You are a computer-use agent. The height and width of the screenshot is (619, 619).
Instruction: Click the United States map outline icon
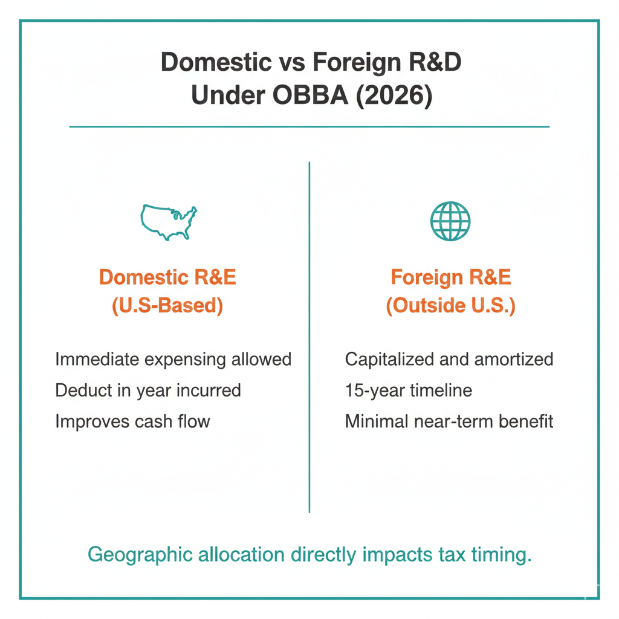point(169,221)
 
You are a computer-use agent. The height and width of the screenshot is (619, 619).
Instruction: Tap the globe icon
point(450,221)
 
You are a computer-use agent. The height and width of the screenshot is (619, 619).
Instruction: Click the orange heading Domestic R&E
point(167,277)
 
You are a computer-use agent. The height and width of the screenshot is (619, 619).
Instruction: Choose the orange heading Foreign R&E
point(450,277)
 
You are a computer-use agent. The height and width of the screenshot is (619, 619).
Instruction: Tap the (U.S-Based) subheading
point(167,306)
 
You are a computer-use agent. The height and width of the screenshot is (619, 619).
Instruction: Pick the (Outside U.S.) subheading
point(450,306)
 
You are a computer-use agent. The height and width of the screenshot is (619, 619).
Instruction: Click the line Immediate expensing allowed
point(173,359)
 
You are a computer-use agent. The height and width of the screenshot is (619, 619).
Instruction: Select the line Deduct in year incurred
point(148,390)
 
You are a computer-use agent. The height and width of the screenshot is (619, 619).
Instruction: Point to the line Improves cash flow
point(132,421)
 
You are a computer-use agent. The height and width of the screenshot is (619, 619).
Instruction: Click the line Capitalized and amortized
point(449,359)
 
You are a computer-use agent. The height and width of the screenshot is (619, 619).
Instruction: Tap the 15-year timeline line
point(408,390)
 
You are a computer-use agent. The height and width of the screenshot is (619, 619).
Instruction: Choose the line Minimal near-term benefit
point(449,421)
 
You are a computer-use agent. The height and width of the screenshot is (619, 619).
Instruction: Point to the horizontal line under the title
point(309,127)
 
